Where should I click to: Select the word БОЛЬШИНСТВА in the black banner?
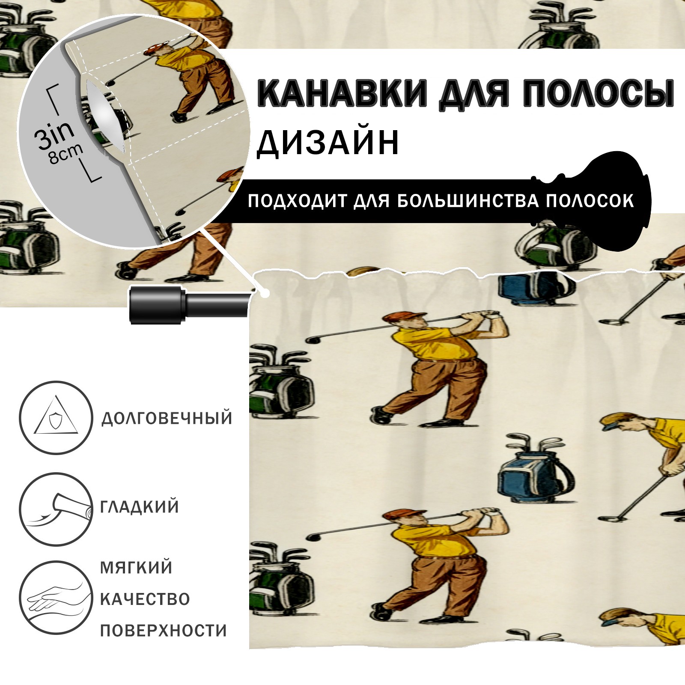point(468,201)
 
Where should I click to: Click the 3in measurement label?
point(54,134)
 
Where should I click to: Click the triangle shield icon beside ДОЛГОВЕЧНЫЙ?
point(56,417)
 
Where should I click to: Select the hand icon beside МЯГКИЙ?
point(56,598)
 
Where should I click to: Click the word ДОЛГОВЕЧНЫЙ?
point(167,418)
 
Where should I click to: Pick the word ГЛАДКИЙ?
point(140,507)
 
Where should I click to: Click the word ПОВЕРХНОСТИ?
point(164,631)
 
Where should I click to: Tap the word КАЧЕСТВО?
point(145,599)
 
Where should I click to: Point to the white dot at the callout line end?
point(265,294)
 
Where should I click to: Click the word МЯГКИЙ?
point(136,567)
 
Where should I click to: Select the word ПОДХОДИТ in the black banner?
point(297,201)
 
